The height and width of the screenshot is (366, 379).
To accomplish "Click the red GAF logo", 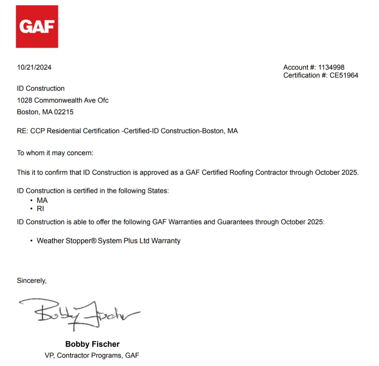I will click(x=37, y=27).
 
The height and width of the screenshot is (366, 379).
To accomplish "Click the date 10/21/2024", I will click(x=34, y=67).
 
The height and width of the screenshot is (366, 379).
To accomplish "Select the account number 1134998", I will click(x=331, y=67).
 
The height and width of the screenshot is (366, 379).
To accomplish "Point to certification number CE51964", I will click(x=344, y=76).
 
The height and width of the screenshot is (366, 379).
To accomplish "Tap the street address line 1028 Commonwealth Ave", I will click(x=63, y=100).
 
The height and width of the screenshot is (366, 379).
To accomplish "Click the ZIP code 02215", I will click(x=64, y=112).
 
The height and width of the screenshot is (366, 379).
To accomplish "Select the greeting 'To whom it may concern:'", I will click(x=50, y=153).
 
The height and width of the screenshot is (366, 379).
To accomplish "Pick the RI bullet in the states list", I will click(x=40, y=209).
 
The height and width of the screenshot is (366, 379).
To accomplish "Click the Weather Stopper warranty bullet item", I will click(x=108, y=241).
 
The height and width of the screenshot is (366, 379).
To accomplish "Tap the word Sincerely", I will click(x=32, y=281).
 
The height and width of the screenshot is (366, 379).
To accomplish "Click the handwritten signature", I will click(x=80, y=314).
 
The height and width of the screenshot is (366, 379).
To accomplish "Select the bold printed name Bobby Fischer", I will click(x=93, y=344).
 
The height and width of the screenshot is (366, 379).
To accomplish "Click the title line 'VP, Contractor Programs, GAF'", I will click(x=92, y=355).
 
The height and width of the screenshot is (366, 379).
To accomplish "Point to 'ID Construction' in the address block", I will click(x=41, y=88).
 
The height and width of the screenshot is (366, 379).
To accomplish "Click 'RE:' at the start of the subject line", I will click(x=22, y=131).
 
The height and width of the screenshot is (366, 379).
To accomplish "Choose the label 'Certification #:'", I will click(x=305, y=76).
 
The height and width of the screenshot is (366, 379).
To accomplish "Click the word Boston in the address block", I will click(x=27, y=112).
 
